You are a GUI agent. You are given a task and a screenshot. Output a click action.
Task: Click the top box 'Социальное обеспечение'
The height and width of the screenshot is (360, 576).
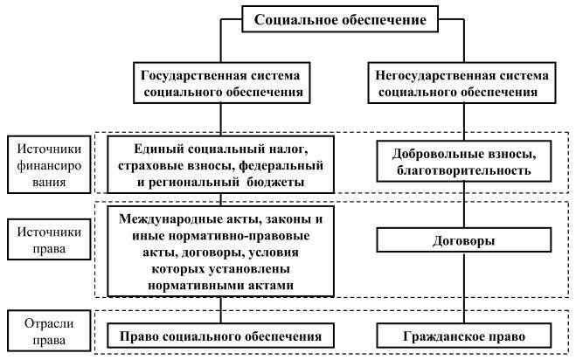tap(340, 19)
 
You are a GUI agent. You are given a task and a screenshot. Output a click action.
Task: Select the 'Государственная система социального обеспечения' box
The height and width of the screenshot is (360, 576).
tap(221, 83)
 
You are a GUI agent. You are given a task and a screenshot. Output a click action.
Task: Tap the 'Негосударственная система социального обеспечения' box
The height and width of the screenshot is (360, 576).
tap(461, 83)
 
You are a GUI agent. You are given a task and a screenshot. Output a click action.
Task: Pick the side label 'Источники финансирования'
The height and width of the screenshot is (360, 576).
tap(49, 164)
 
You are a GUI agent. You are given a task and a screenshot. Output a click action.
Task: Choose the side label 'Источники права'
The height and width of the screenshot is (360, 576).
tap(49, 239)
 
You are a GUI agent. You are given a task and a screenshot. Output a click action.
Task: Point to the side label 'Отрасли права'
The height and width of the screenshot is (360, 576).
tap(49, 331)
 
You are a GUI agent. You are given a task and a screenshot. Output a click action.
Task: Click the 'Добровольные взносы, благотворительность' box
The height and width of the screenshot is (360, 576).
tap(464, 162)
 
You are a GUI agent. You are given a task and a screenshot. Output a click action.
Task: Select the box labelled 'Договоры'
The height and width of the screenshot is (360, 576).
tap(464, 240)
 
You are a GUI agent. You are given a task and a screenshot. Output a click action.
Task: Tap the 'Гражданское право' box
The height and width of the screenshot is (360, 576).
tap(464, 336)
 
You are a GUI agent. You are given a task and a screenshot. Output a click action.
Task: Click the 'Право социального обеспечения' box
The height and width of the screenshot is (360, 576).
tap(221, 336)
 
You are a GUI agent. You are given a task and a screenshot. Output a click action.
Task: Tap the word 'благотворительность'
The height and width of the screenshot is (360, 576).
tap(464, 170)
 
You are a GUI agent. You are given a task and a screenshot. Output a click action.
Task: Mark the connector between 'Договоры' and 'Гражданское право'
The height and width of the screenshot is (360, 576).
tap(464, 287)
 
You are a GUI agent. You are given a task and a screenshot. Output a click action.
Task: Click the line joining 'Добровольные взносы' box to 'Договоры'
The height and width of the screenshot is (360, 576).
tap(464, 204)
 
